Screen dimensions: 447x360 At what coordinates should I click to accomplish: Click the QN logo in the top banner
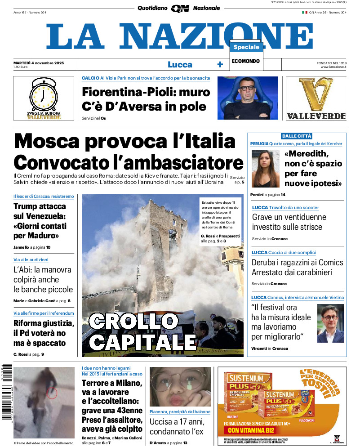pos(180,8)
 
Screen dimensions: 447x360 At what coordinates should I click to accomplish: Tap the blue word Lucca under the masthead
pos(180,64)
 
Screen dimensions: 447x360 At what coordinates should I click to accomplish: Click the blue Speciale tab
pos(246,47)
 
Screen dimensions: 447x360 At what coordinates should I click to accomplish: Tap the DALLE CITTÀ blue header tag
pos(297,136)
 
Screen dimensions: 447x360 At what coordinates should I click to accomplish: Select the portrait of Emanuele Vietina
pos(330,323)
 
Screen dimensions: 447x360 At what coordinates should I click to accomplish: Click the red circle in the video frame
pos(52,393)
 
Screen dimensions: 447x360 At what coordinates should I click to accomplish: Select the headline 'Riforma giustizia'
pos(44,323)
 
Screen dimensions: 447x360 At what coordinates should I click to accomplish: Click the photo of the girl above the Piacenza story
pos(180,387)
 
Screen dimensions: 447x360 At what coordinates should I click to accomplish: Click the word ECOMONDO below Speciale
pos(246,61)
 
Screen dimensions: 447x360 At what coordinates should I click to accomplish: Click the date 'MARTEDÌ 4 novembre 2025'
pos(39,63)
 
